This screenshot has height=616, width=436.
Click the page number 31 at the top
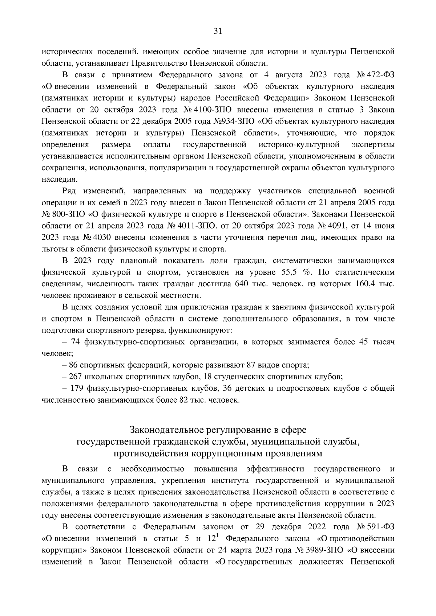coord(218,31)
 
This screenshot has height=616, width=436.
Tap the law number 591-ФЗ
coord(381,527)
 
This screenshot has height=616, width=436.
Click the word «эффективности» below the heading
coord(275,469)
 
